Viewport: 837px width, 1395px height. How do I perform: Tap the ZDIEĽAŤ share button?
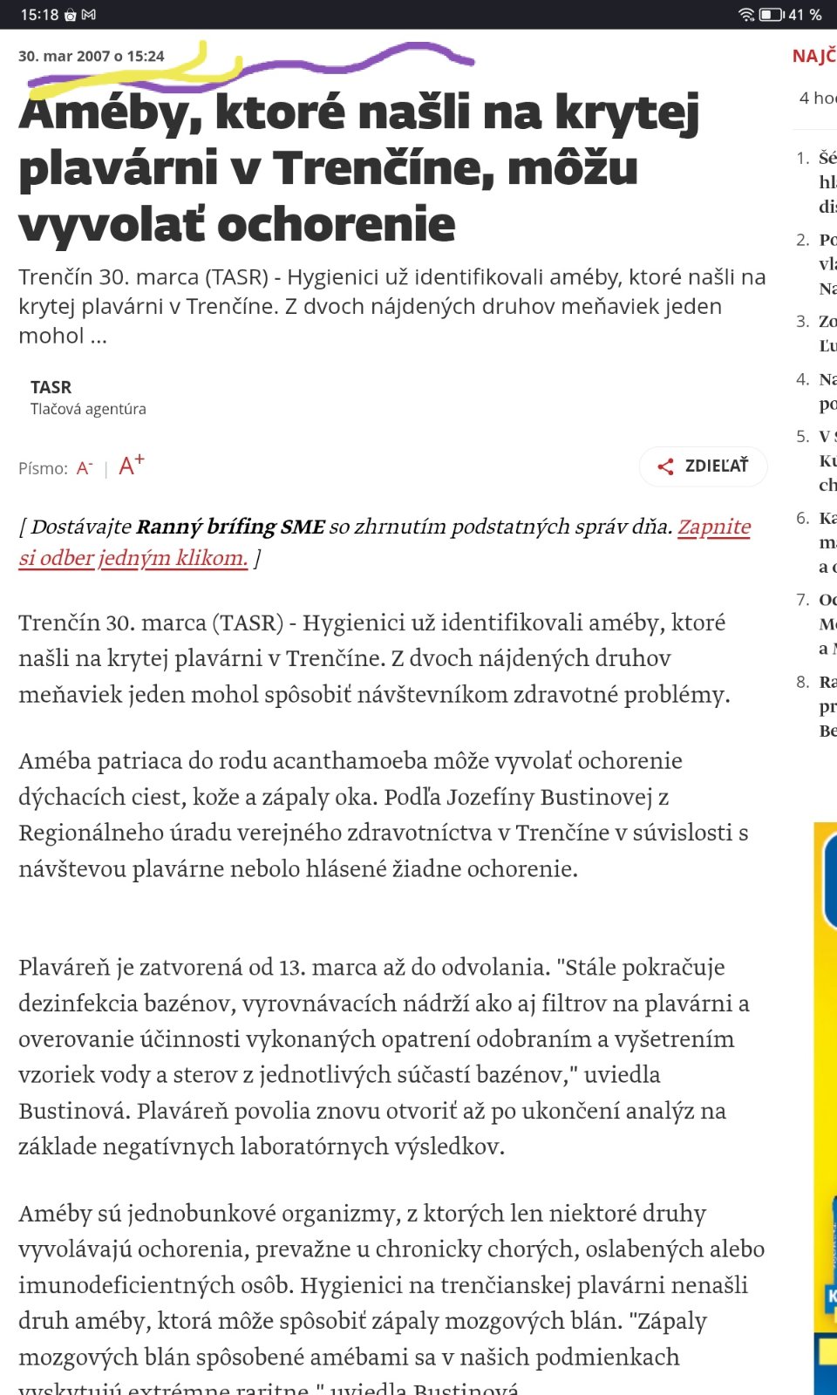(704, 466)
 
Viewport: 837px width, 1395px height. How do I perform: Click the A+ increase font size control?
(131, 466)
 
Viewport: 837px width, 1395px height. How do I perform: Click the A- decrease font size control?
(84, 468)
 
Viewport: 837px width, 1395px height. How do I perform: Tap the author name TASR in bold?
(51, 387)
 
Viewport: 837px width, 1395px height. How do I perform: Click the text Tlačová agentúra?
(88, 409)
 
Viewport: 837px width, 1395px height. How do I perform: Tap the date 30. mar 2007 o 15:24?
(91, 56)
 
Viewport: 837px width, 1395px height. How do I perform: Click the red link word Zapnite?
(714, 527)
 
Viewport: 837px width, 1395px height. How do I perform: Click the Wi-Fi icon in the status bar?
(746, 15)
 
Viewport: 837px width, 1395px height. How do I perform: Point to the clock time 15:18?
(39, 15)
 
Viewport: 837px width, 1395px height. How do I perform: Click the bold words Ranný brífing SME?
(230, 527)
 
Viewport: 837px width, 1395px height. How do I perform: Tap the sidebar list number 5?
(802, 436)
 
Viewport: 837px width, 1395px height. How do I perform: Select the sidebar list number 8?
(802, 682)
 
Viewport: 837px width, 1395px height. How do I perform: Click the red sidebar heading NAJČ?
(813, 57)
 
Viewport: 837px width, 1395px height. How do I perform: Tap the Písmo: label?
(43, 468)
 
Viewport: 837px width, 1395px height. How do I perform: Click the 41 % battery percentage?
(805, 15)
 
